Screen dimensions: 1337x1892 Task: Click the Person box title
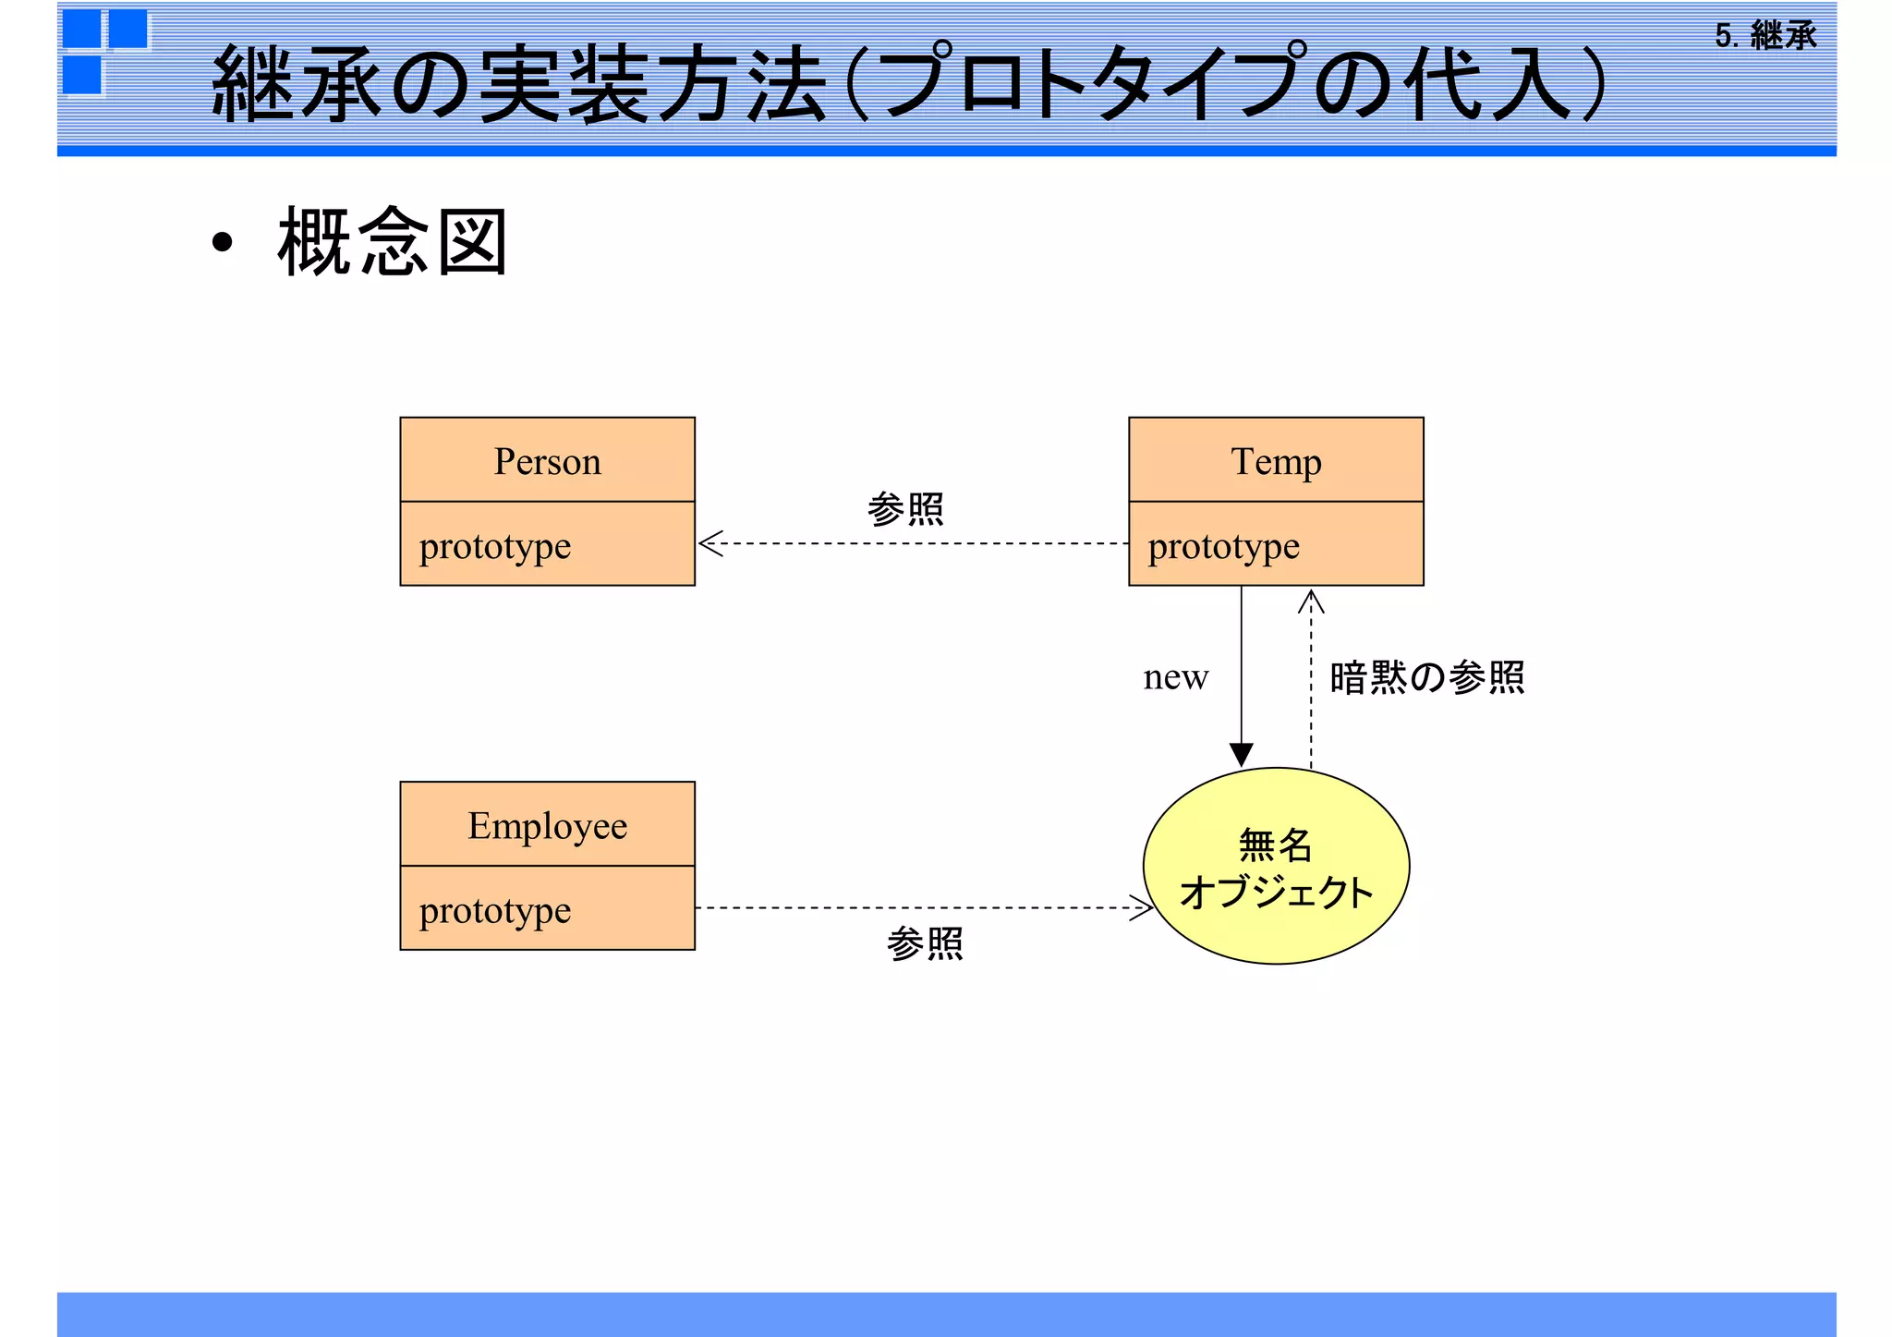point(547,461)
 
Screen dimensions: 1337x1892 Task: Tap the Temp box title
point(1276,461)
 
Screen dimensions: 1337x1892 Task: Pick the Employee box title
point(547,825)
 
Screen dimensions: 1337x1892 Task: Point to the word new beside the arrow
point(1175,677)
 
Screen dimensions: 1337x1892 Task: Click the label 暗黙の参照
point(1426,677)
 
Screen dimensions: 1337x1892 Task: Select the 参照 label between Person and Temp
point(905,509)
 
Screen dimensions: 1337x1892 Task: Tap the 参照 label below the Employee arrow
point(925,944)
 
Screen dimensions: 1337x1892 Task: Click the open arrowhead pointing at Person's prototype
point(709,543)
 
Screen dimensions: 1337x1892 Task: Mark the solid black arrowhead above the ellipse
point(1241,755)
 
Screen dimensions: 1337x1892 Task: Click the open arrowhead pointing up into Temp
point(1311,602)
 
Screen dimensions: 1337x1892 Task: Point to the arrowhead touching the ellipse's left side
point(1143,907)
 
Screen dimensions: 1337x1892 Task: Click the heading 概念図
point(393,242)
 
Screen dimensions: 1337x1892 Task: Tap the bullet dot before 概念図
point(222,243)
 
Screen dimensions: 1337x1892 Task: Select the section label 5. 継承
point(1765,36)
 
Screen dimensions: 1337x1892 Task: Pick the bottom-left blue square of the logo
point(82,76)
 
